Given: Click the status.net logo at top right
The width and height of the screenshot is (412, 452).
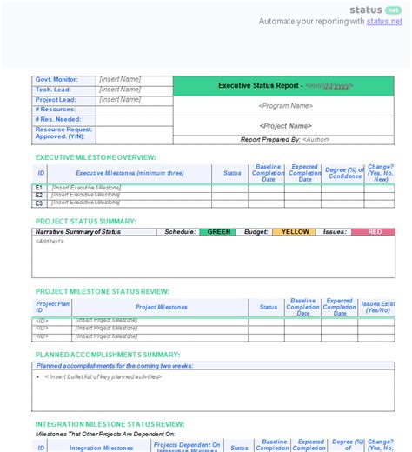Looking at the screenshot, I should [x=375, y=10].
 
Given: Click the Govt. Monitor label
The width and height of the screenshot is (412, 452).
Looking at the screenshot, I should [x=57, y=80].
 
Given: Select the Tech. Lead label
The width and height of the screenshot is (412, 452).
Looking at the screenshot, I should [x=54, y=90].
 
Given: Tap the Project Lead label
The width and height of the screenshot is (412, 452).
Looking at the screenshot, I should [x=56, y=99].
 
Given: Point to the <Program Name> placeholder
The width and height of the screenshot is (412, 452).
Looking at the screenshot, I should [x=284, y=106].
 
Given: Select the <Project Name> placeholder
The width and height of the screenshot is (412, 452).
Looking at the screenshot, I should [x=284, y=125].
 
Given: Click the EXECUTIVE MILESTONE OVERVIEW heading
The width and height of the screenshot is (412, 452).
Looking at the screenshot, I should [x=96, y=157].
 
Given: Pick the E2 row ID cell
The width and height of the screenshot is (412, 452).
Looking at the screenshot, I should [x=39, y=195].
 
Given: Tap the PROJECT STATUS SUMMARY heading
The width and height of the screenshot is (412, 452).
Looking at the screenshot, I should [x=85, y=222].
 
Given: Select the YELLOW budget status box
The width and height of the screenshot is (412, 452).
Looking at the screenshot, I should [x=295, y=232].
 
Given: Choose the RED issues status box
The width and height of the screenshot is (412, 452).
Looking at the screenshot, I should [x=375, y=232].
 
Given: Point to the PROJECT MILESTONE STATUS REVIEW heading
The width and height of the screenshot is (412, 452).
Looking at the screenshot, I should [x=102, y=291].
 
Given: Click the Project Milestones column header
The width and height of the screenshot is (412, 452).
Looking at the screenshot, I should [x=161, y=307].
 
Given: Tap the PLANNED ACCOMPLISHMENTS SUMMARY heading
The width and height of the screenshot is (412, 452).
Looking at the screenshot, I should [x=107, y=355].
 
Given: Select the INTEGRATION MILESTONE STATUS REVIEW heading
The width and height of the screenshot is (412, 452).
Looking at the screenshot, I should [x=110, y=424].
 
